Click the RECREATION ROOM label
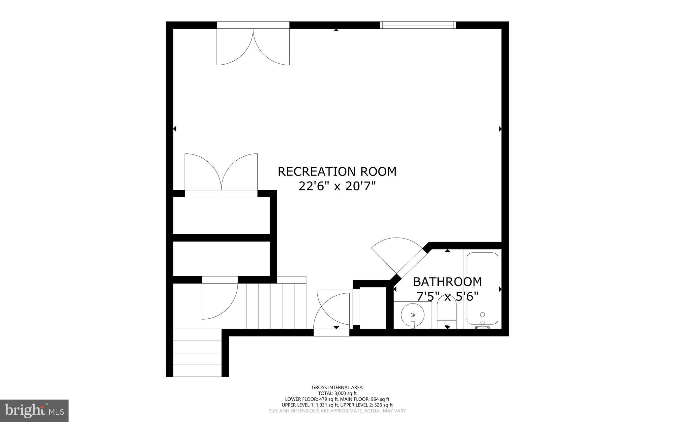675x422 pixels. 337,172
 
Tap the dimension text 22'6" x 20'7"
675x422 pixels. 337,187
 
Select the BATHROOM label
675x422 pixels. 447,282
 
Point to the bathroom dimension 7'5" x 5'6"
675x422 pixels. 447,297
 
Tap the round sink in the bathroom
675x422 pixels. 412,315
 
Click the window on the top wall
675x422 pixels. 418,25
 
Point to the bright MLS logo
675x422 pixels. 34,410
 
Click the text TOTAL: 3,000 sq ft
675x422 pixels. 337,393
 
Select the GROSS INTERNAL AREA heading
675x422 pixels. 337,388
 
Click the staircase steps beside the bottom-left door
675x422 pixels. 276,306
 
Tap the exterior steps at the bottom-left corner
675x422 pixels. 197,353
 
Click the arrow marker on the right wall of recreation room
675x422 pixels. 500,129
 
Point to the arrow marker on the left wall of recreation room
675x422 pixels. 175,129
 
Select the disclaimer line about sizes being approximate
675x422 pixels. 337,411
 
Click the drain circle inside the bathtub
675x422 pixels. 483,314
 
